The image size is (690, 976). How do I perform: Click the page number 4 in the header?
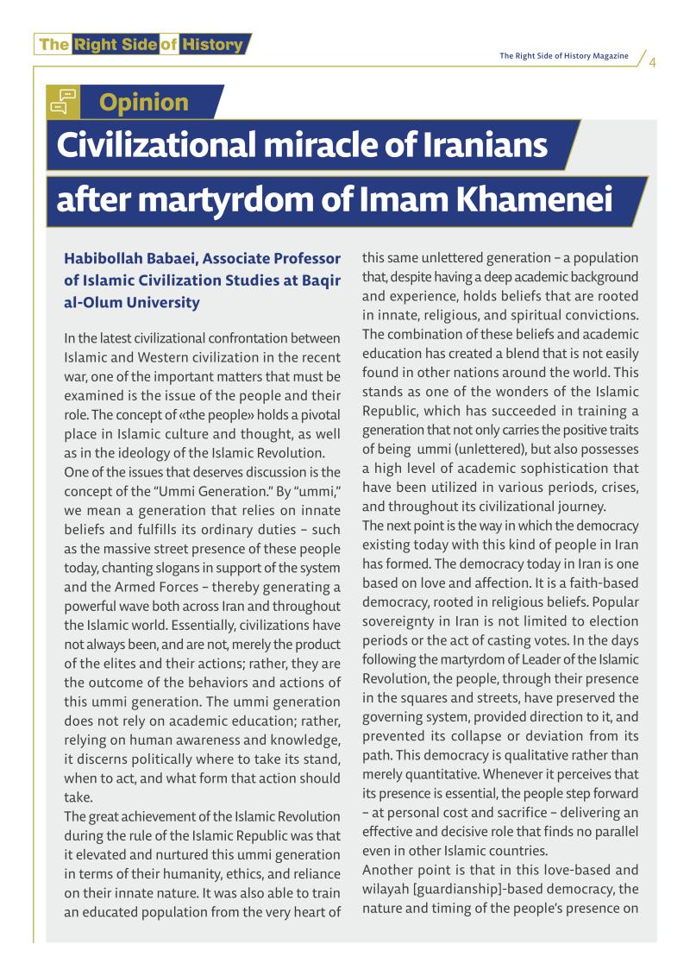click(x=653, y=62)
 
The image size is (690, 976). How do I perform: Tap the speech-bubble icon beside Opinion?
click(x=63, y=102)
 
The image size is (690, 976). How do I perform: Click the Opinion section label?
click(x=144, y=103)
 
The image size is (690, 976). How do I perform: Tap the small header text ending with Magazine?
click(x=564, y=56)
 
